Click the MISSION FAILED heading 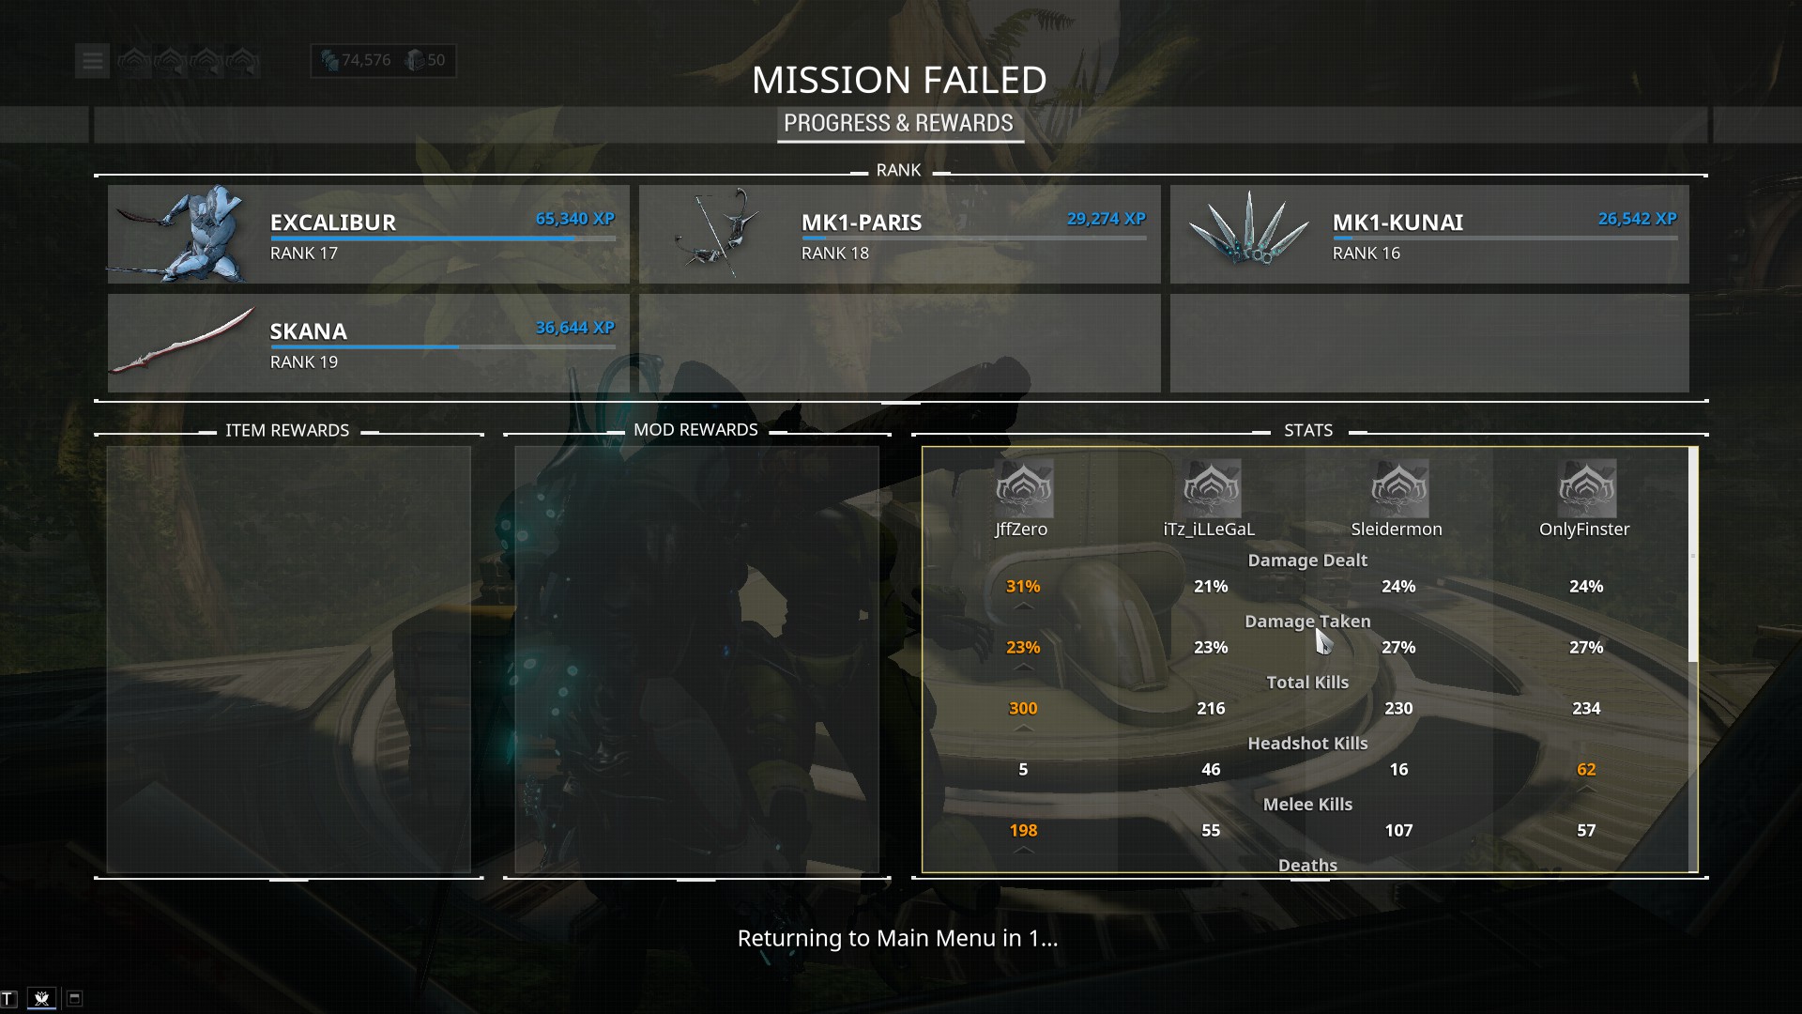coord(899,81)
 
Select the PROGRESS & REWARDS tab coord(898,123)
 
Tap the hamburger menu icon coord(92,61)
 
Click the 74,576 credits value coord(365,60)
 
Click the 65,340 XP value coord(574,219)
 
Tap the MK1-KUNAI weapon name coord(1397,223)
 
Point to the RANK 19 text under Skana coord(304,362)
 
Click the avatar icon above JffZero coord(1023,487)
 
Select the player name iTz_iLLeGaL coord(1209,530)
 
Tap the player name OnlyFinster coord(1584,530)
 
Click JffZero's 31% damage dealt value coord(1023,587)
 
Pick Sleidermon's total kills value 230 coord(1398,709)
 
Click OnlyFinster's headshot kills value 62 coord(1586,770)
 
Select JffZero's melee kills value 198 coord(1023,831)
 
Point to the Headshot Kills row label coord(1307,744)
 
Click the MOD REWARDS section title coord(695,430)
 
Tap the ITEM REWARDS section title coord(287,431)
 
